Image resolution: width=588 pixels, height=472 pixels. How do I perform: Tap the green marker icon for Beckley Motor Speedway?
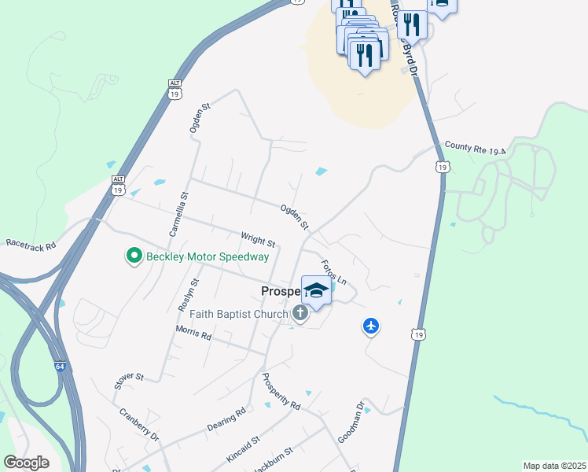pos(134,256)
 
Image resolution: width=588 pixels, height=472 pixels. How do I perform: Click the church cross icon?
pos(300,314)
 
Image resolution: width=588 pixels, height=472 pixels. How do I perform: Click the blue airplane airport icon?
pos(371,325)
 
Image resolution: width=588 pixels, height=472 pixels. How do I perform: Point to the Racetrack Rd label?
pos(31,245)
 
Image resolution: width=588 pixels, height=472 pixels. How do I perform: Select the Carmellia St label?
pos(178,215)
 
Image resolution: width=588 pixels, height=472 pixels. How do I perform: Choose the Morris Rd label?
pos(193,334)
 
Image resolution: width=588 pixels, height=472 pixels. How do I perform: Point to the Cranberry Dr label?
pos(139,425)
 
